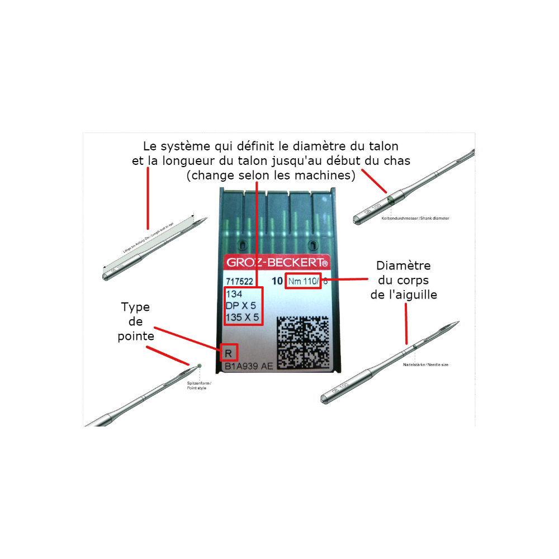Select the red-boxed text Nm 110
click(302, 281)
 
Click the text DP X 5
click(240, 306)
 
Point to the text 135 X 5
click(242, 318)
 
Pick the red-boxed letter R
click(229, 353)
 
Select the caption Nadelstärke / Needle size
click(425, 364)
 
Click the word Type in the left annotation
click(135, 307)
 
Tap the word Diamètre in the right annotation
click(403, 266)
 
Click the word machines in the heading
click(329, 175)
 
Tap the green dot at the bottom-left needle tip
click(200, 366)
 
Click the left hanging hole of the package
click(241, 244)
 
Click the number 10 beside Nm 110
click(277, 282)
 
